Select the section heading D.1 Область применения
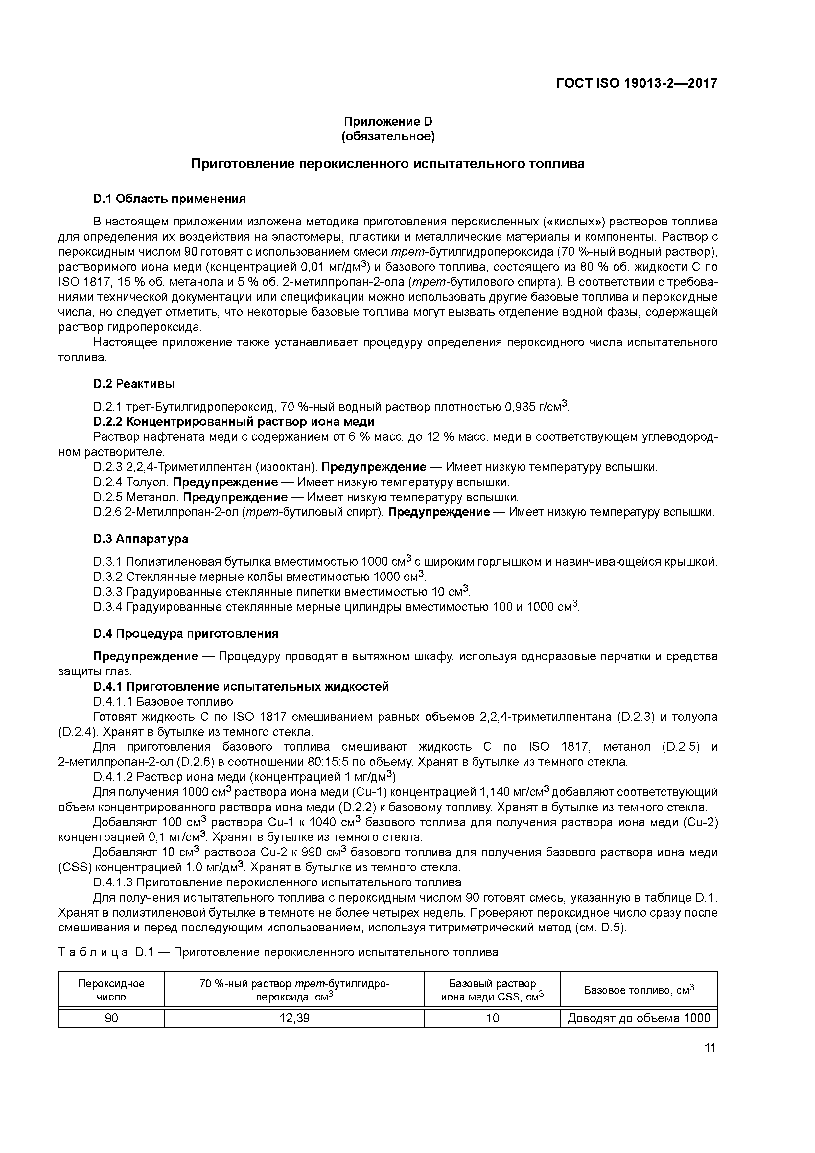click(x=169, y=199)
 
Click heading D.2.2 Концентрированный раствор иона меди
click(x=234, y=421)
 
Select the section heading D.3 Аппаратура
click(x=141, y=539)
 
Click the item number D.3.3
click(x=108, y=592)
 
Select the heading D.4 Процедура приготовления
click(x=186, y=634)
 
